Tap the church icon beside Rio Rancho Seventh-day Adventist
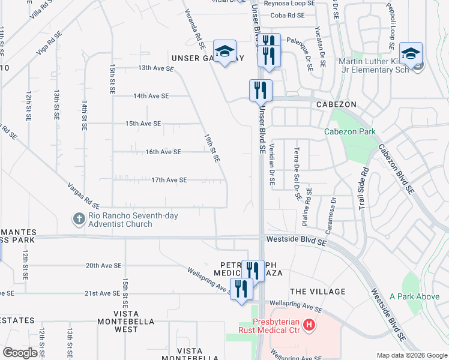[79, 220]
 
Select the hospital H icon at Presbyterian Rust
[309, 326]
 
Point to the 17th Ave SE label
[169, 180]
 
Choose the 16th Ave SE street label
[163, 152]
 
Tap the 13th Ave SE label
[155, 68]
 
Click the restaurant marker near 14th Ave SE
[261, 91]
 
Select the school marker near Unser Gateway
[224, 52]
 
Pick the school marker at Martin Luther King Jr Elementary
[411, 54]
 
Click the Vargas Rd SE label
[83, 195]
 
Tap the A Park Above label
[414, 296]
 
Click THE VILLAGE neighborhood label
[318, 292]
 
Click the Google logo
[20, 353]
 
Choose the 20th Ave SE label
[103, 265]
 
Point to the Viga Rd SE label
[49, 43]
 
